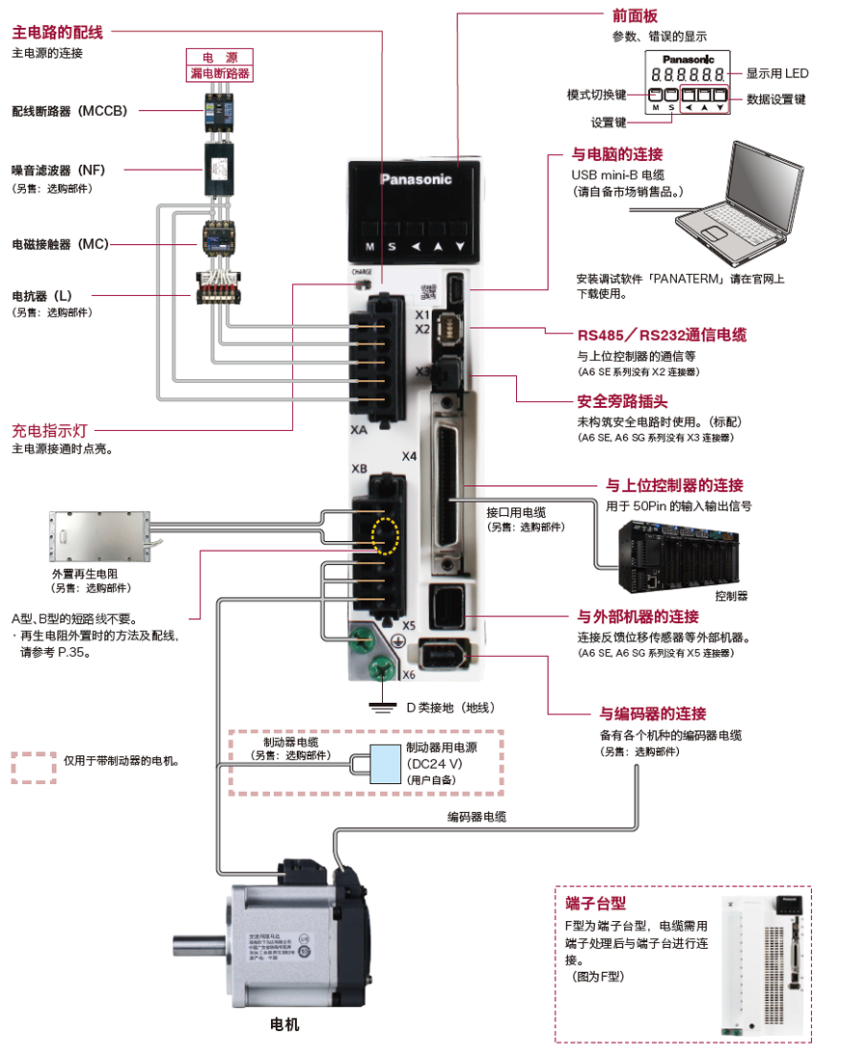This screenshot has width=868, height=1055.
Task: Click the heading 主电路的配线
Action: (x=57, y=32)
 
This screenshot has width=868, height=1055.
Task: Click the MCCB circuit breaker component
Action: (x=219, y=111)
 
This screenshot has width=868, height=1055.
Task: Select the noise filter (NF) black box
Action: (x=219, y=171)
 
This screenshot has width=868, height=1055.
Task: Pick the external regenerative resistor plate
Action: (x=96, y=534)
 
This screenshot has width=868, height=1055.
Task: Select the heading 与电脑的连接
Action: (x=617, y=154)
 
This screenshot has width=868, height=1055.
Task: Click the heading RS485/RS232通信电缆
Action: (x=662, y=336)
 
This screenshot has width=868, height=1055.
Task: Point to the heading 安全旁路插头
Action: (x=622, y=401)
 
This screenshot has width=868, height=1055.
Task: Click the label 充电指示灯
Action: (x=50, y=431)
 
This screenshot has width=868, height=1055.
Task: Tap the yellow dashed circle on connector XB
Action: (x=385, y=533)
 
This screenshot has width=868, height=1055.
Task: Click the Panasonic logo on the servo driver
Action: (x=416, y=178)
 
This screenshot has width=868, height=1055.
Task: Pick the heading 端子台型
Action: (x=595, y=904)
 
